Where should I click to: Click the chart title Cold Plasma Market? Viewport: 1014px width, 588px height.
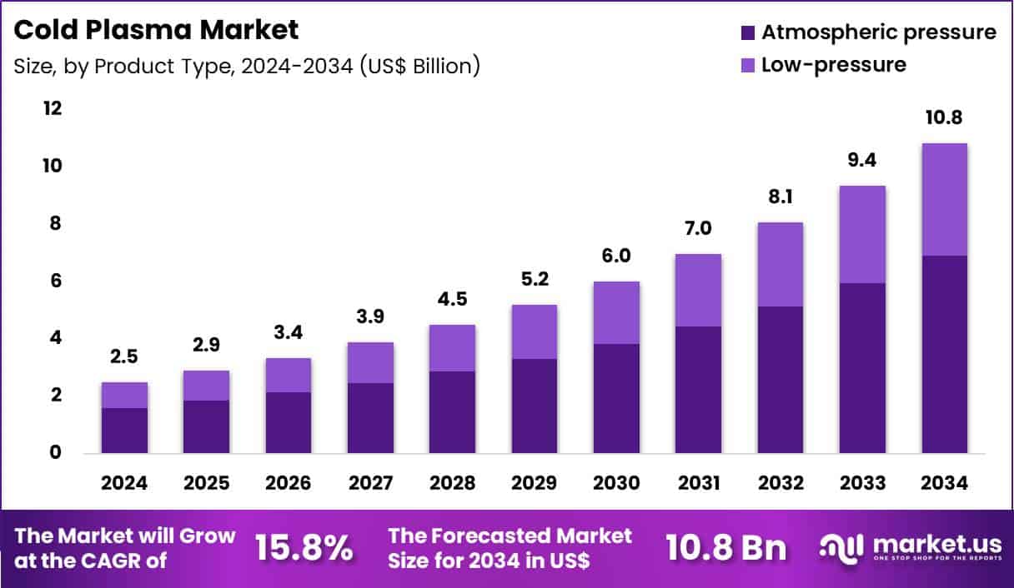[x=157, y=31]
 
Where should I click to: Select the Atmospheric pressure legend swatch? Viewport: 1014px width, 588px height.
[x=747, y=32]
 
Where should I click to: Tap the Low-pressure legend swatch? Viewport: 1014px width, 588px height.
[x=747, y=64]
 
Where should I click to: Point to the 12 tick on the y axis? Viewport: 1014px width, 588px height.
[x=53, y=109]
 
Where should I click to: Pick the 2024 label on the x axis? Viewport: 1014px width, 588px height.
[x=124, y=484]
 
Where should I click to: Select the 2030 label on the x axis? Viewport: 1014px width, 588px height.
[x=616, y=484]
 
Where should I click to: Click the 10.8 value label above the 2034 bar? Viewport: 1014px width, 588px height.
[x=944, y=118]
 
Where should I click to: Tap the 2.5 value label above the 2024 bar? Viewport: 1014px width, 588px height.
[x=124, y=357]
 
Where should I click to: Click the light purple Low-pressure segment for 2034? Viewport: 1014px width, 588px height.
[x=944, y=199]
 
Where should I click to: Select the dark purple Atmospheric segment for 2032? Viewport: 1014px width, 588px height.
[x=780, y=379]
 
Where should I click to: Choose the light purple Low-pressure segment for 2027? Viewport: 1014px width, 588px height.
[x=370, y=362]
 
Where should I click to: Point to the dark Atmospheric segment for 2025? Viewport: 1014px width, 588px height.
[x=206, y=426]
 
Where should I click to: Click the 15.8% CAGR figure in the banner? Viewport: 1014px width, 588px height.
[x=304, y=548]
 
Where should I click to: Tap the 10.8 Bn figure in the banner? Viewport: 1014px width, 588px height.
[x=725, y=548]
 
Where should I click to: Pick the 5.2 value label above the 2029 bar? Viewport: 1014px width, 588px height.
[x=535, y=280]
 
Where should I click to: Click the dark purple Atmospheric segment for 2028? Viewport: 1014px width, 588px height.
[x=452, y=411]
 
